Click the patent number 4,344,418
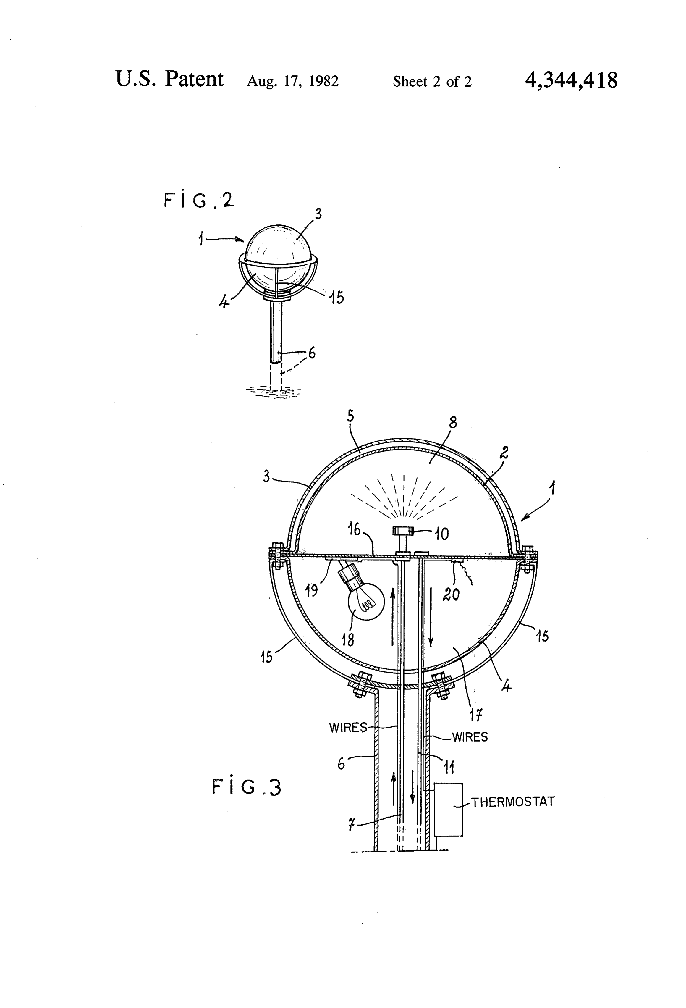click(571, 80)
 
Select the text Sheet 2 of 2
click(432, 82)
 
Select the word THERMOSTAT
click(513, 802)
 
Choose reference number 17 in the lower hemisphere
click(477, 714)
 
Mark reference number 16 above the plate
click(354, 530)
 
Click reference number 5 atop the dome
click(350, 417)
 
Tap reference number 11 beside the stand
click(449, 767)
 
